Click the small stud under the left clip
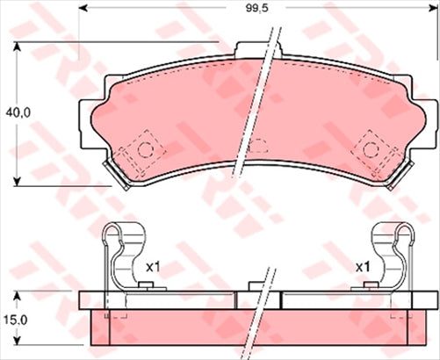point(147,286)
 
